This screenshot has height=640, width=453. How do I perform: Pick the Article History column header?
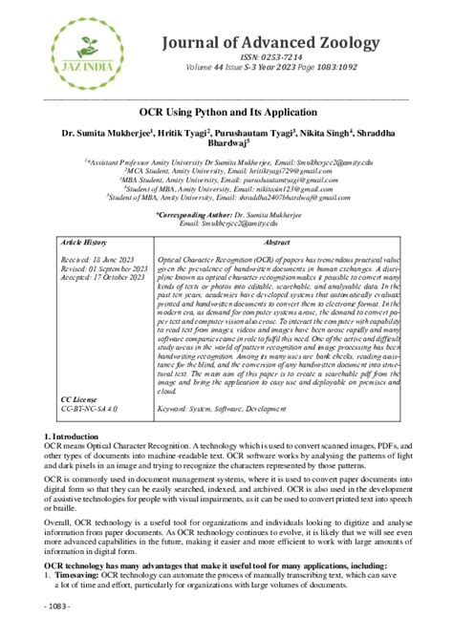point(89,244)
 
